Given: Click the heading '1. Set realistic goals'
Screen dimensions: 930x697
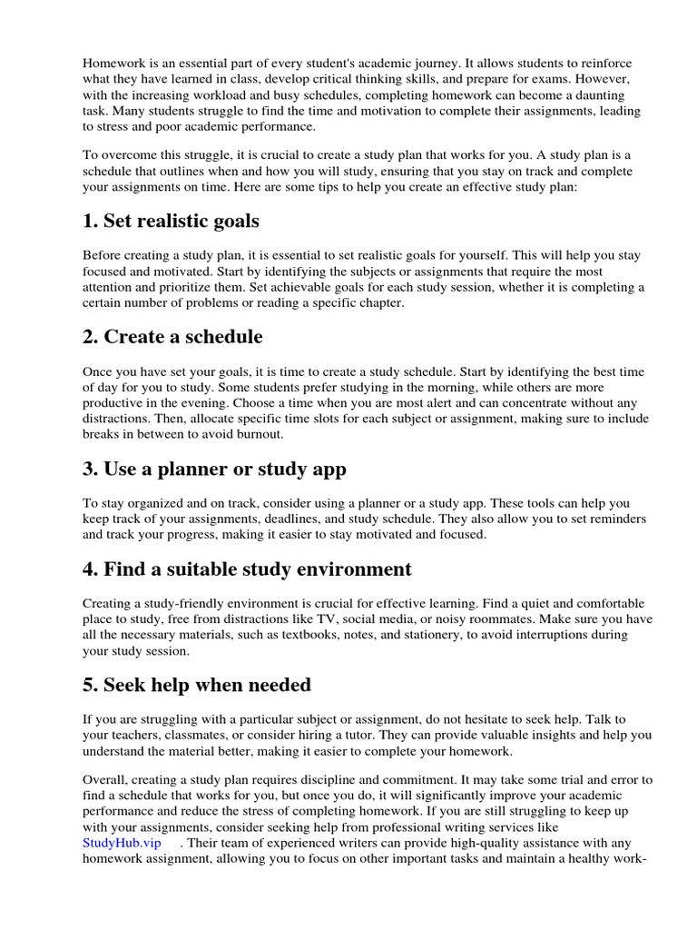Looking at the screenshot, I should coord(171,221).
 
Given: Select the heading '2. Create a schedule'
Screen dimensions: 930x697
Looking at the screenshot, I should coord(172,337).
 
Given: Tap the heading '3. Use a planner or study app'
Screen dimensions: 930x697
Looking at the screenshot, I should coord(214,470).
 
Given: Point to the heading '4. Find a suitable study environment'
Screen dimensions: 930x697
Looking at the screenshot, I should coord(247,569).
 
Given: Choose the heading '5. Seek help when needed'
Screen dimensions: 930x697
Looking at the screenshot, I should coord(197,685).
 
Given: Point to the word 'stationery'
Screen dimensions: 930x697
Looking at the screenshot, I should coord(420,636).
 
